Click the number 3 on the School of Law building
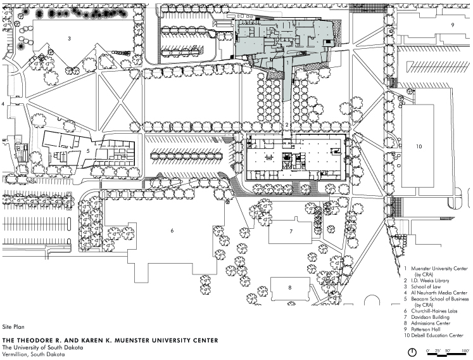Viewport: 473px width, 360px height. (70, 39)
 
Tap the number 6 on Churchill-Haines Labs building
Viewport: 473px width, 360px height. (172, 231)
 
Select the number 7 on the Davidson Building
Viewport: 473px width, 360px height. (291, 231)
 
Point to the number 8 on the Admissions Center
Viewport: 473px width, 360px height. (290, 288)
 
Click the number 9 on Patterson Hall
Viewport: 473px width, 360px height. (453, 25)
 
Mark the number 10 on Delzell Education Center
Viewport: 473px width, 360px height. (419, 146)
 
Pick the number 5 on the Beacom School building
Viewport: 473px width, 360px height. (88, 151)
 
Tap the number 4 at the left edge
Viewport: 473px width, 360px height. (3, 104)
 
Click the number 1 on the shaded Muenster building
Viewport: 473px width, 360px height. (287, 63)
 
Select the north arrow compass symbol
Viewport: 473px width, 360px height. (412, 352)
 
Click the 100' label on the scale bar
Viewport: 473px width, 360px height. (465, 350)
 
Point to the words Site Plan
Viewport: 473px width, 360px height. (13, 327)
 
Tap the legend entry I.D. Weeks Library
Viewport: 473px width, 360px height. (430, 281)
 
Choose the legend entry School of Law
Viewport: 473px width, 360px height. (426, 286)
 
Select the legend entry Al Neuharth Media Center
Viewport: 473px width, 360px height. (439, 293)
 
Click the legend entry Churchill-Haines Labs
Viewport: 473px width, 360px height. (434, 311)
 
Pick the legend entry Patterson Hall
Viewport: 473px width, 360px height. (426, 329)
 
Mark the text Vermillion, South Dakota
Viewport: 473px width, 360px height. (34, 354)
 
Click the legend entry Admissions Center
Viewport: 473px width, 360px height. (431, 323)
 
